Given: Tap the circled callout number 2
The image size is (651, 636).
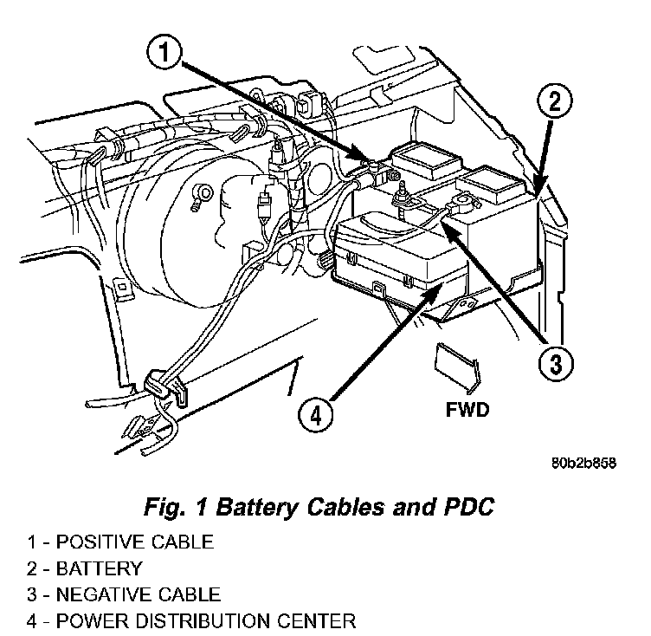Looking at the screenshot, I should pos(555,101).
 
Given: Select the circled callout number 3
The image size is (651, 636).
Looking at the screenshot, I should pos(554,362).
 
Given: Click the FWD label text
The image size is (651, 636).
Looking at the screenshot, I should pos(467,409).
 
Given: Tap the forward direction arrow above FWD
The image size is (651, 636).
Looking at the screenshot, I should pos(456,365).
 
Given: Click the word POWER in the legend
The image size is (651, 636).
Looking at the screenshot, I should pos(93,620).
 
